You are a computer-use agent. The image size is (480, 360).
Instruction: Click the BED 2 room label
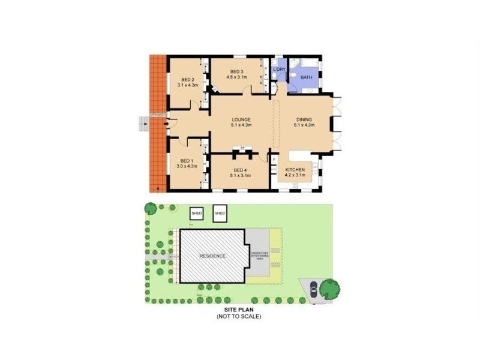coord(187,79)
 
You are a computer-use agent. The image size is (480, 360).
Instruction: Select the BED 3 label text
coord(236,72)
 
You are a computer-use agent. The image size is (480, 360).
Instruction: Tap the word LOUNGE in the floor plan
coord(241,119)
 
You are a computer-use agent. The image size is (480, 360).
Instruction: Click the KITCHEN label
coord(295,170)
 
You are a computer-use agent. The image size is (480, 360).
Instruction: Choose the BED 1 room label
coord(185,161)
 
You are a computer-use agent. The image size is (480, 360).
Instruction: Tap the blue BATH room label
coord(306,77)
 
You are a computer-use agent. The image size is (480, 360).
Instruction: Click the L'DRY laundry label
coord(280,70)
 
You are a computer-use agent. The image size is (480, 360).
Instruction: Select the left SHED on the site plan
coord(196,213)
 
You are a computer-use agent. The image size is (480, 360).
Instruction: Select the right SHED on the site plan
coord(220,213)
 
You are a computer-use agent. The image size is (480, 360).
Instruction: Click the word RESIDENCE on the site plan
coord(213,256)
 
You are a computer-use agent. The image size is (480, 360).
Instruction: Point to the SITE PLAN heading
coord(239,310)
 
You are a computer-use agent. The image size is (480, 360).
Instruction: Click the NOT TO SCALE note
coord(239,316)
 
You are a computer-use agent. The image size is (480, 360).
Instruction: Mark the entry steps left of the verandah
coord(143,124)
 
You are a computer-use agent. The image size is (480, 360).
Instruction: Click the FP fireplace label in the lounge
coord(243,148)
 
